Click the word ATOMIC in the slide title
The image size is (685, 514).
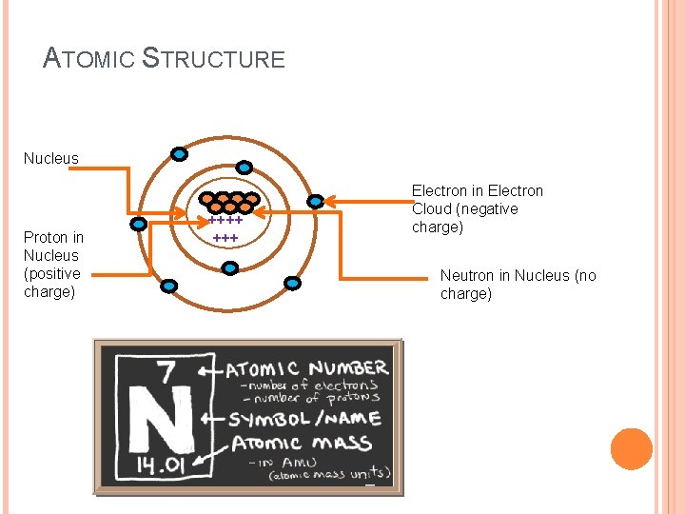point(90,59)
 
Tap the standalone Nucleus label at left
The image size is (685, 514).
point(51,159)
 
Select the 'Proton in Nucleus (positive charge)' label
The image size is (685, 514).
point(53,265)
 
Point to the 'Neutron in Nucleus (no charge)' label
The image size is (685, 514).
point(518,285)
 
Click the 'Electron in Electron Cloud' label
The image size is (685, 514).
point(477,209)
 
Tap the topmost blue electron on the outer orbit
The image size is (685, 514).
point(179,153)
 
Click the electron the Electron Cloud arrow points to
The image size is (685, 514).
point(316,202)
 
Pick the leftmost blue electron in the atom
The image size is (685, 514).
point(139,225)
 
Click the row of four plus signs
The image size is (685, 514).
point(226,220)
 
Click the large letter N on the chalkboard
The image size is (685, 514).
point(154,419)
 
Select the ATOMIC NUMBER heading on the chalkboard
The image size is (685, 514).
point(306,368)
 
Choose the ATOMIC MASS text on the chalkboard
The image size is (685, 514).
point(292,443)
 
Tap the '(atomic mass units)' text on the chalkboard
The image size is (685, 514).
point(329,473)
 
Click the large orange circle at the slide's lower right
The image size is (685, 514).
point(631,449)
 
